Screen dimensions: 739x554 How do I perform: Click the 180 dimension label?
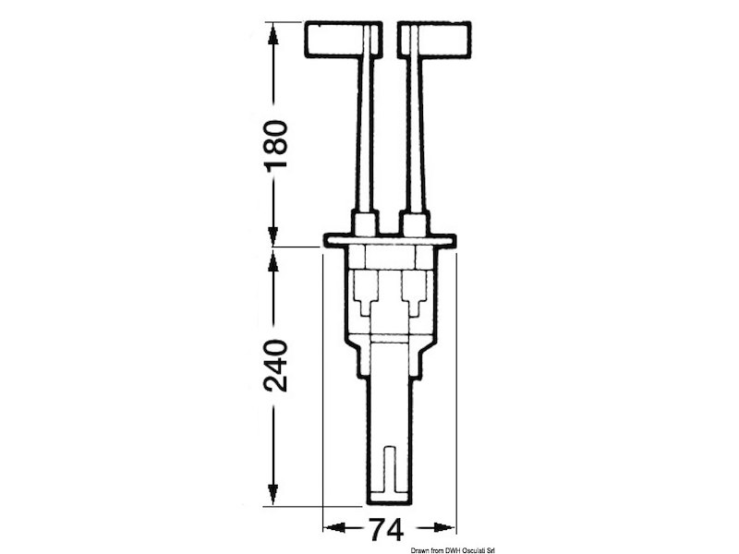point(276,146)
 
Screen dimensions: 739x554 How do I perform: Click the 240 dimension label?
point(276,366)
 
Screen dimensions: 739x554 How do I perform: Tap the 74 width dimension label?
point(386,530)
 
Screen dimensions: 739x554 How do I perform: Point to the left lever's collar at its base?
point(366,223)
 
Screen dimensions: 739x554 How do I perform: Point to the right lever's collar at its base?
point(415,223)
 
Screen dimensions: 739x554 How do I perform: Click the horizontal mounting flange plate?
point(389,241)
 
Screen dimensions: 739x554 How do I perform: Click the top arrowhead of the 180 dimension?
point(273,33)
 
